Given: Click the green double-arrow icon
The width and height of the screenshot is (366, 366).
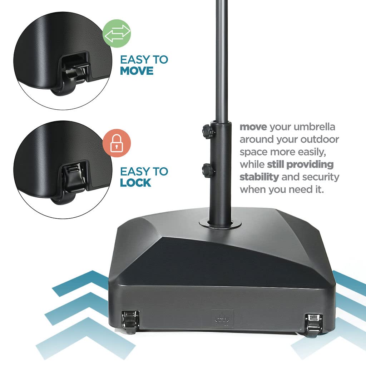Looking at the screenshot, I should [117, 33].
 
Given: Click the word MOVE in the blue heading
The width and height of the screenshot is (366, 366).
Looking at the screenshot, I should [137, 71].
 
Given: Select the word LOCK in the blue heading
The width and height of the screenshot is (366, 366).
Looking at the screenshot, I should [135, 183].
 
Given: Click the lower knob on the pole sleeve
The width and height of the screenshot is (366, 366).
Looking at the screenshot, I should [207, 169].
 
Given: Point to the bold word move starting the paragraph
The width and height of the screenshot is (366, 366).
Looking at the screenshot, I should [253, 127].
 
